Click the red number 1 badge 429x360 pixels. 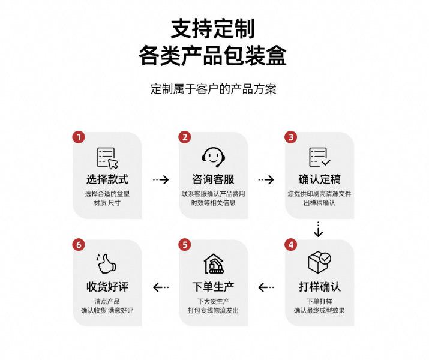click(79, 137)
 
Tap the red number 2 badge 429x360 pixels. click(185, 137)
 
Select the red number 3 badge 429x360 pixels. click(291, 137)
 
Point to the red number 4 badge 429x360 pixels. click(291, 245)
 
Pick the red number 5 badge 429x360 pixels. click(185, 245)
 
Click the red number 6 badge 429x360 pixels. click(79, 245)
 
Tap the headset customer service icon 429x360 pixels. click(213, 157)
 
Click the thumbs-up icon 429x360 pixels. click(107, 264)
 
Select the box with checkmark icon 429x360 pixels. click(319, 262)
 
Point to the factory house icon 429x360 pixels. click(213, 264)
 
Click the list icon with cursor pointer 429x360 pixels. click(107, 158)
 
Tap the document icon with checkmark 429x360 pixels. click(319, 157)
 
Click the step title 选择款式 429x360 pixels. click(107, 179)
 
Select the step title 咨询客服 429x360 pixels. click(213, 179)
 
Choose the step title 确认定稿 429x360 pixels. click(319, 179)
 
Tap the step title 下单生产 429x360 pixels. click(213, 286)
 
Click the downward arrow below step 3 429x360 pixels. click(319, 229)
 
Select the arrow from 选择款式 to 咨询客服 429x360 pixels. click(160, 179)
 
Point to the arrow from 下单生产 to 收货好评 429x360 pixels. click(160, 287)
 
